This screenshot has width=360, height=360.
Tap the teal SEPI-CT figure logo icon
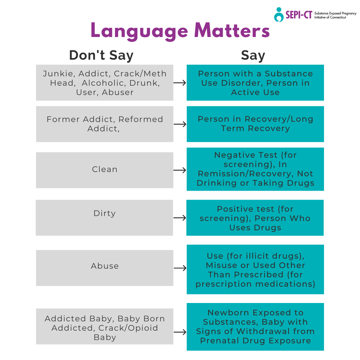(x=279, y=15)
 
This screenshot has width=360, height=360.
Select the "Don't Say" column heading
(x=101, y=55)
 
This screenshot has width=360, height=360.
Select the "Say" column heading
(x=253, y=56)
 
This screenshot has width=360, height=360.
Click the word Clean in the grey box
(x=105, y=169)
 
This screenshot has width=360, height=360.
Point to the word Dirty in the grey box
(x=105, y=214)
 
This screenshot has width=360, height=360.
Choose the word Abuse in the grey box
(x=105, y=266)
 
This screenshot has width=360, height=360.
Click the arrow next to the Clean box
(x=180, y=170)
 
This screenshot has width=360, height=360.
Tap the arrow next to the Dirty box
(x=180, y=218)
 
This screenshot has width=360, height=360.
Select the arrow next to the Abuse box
(x=180, y=268)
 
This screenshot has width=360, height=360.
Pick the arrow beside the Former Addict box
(x=180, y=124)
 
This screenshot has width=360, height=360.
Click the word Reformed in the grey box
(x=141, y=119)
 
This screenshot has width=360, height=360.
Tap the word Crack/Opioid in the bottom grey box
(x=128, y=328)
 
